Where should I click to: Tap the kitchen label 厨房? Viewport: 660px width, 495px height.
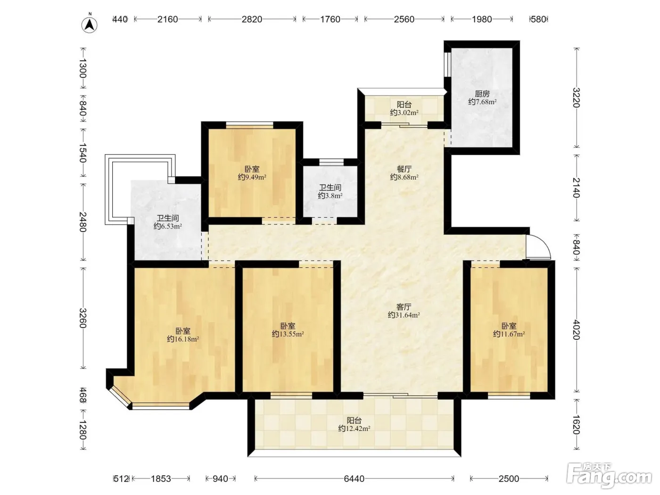pos(482,94)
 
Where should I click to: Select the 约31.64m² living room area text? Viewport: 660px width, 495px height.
pos(404,315)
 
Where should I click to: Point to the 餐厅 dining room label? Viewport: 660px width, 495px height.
pos(404,169)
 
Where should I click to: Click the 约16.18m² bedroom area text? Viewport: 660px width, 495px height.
pos(183,339)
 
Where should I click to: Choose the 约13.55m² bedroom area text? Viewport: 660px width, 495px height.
pos(288,334)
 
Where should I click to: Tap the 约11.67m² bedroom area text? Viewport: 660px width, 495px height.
pos(509,334)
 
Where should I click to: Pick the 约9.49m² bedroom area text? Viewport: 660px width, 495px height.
pos(252,177)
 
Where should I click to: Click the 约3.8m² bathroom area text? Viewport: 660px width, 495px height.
pos(330,196)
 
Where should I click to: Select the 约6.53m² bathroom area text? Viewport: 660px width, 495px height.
pos(167,226)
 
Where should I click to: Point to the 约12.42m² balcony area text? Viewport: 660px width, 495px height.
pos(354,428)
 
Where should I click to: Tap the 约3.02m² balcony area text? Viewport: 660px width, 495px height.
pos(404,113)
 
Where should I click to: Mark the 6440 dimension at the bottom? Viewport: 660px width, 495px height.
pos(354,478)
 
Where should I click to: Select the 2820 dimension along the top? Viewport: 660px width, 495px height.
pos(252,19)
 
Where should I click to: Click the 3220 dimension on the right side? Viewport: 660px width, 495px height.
pos(576,98)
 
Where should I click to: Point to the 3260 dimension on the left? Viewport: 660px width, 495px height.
pos(83,318)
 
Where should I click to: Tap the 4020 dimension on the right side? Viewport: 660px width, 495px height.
pos(576,330)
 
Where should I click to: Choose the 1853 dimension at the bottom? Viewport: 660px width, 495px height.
pos(161,478)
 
